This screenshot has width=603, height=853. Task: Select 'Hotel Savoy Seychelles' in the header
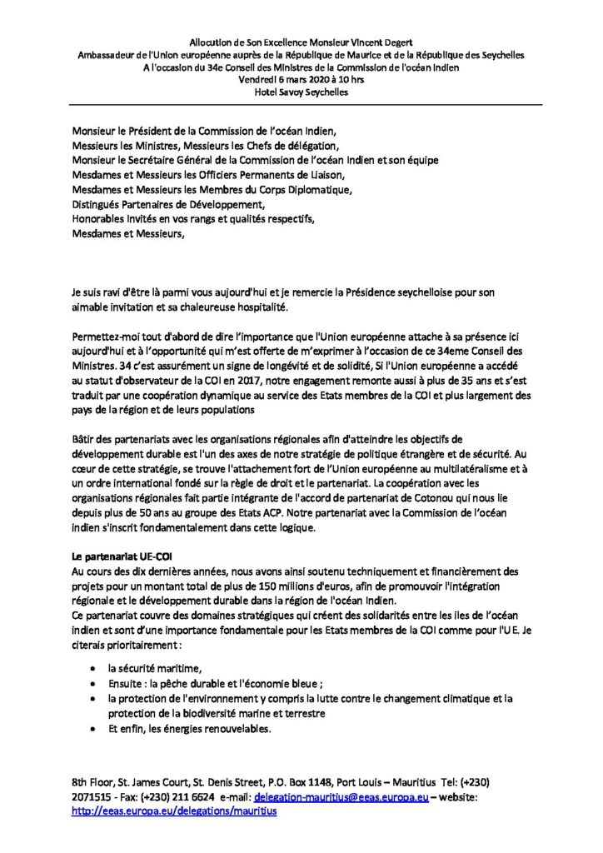(x=301, y=92)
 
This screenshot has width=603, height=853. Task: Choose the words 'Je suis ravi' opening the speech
(x=97, y=294)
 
